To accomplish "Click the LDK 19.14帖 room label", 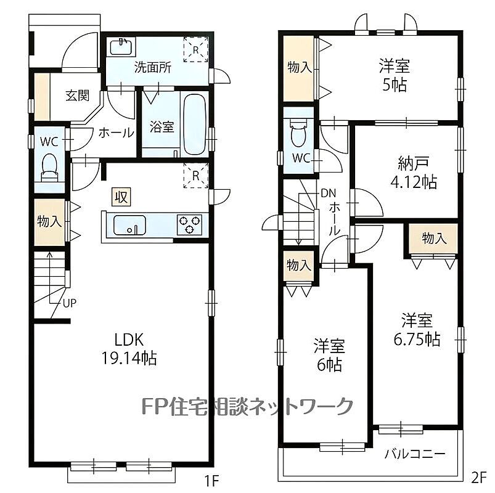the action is tap(129, 349).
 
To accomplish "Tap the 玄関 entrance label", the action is tap(78, 95).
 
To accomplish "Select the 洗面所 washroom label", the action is tap(153, 67).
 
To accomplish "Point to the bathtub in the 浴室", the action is tap(195, 124).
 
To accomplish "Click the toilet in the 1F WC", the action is tap(49, 167).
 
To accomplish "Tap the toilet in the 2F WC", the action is tap(298, 132).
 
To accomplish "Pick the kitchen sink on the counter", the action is tap(129, 225).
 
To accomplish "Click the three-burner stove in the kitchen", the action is tap(189, 224).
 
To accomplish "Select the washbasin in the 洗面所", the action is tap(121, 47).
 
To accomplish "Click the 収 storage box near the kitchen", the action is tap(121, 197).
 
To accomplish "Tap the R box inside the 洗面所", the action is tap(196, 49).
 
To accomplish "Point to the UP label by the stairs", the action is tap(70, 303).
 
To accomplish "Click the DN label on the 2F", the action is tap(329, 193).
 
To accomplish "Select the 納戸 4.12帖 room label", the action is tap(414, 173).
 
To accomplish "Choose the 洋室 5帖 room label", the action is tap(395, 76).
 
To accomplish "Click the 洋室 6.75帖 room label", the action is tap(417, 330).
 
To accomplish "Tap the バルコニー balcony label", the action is tap(414, 454).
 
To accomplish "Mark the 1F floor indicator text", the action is tap(211, 481).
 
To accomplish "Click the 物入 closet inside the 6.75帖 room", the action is tap(433, 238).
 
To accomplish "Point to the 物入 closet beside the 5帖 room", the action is tap(298, 68).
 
